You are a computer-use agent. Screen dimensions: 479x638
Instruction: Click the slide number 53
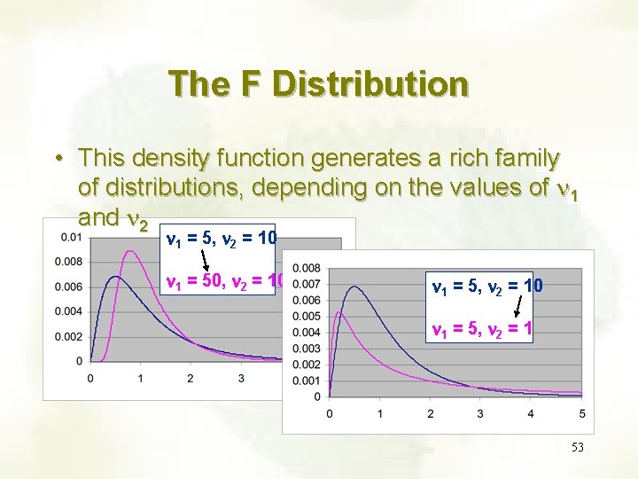tap(578, 448)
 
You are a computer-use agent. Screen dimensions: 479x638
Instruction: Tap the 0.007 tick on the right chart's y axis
tap(307, 284)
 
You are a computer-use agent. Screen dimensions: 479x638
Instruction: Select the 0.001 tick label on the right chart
tap(307, 381)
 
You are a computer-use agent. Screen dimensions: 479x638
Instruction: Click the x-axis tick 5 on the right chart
tap(582, 413)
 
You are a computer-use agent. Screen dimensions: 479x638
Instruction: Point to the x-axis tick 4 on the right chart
tap(532, 413)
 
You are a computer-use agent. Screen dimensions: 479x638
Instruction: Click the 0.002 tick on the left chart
tap(70, 336)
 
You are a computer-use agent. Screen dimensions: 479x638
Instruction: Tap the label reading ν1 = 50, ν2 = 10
tap(225, 283)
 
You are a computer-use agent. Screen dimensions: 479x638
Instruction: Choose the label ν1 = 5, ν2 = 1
tap(481, 329)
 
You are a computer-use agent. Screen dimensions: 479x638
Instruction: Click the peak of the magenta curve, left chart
tap(133, 251)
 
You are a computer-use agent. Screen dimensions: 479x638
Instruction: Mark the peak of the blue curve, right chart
tap(355, 287)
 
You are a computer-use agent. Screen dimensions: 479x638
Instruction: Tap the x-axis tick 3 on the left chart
tap(241, 378)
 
